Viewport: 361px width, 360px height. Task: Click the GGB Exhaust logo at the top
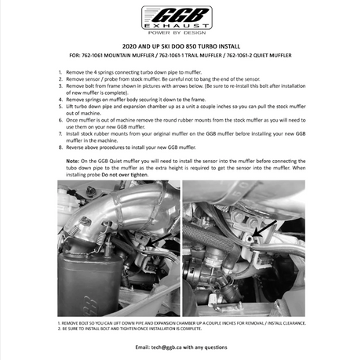pos(177,17)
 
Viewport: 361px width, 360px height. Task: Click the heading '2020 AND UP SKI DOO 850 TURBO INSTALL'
pos(181,46)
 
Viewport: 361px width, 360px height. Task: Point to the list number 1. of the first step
pos(60,72)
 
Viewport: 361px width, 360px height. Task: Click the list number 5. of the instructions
pos(60,107)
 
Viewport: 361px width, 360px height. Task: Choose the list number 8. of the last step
pos(60,147)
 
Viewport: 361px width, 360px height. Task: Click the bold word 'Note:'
pos(72,161)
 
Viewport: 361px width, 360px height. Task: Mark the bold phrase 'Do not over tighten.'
pos(125,175)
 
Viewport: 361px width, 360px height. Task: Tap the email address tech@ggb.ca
pos(166,347)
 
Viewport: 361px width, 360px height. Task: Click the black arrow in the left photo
pos(159,240)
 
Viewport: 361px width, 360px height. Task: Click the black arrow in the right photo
pos(265,229)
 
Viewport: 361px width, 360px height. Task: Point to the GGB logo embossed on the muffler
pos(90,305)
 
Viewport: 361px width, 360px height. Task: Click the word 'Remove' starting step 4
pos(74,100)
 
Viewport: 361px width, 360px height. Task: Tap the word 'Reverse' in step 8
pos(75,147)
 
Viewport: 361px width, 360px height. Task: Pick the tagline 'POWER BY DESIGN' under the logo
pos(177,33)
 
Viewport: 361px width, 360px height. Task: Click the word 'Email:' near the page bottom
pos(142,347)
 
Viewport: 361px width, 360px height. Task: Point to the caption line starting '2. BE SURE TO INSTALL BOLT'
pos(129,329)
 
